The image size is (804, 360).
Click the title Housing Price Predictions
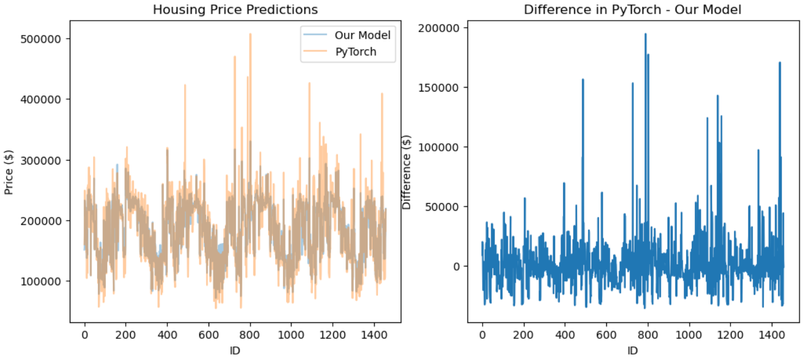235,10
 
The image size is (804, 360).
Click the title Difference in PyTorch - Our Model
632,10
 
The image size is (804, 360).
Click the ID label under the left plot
235,351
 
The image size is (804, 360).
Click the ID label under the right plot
632,351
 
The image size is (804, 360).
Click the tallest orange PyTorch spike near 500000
250,34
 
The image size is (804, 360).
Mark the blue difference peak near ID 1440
780,63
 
